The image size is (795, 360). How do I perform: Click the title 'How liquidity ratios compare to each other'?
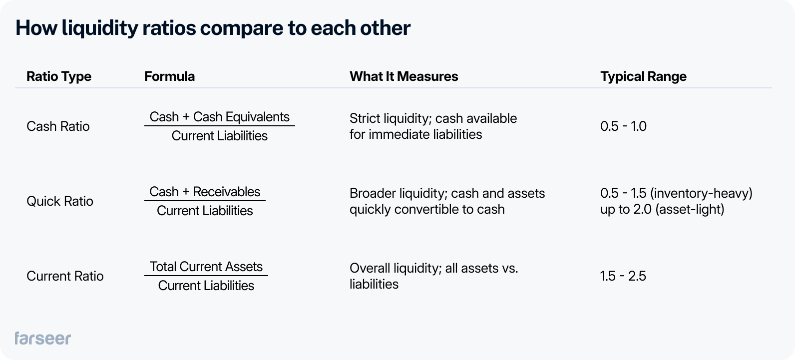(x=213, y=28)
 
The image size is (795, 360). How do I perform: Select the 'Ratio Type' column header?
(x=59, y=76)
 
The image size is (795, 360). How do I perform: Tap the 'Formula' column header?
(x=169, y=76)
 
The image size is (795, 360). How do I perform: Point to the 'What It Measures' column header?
(x=403, y=76)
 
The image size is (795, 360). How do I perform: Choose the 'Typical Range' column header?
(x=643, y=76)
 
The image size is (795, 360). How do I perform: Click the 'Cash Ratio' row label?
(x=58, y=126)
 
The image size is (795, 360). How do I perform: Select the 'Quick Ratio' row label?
(x=60, y=201)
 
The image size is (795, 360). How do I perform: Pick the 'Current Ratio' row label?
(x=65, y=276)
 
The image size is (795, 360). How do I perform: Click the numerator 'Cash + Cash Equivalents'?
(x=220, y=117)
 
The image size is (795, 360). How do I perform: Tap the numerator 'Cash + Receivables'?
(x=205, y=192)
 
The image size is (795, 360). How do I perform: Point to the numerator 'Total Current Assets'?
(x=206, y=267)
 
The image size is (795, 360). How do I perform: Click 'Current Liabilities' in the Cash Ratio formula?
(x=220, y=136)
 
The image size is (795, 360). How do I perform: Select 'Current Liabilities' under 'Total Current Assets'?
(x=206, y=286)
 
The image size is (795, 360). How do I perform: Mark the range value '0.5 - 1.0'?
(x=623, y=126)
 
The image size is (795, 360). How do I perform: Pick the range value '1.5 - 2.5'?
(x=623, y=276)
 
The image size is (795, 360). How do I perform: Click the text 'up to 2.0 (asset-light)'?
(x=662, y=209)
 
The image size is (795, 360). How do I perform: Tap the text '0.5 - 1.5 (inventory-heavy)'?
(x=676, y=193)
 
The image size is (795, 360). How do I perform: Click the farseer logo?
(x=43, y=338)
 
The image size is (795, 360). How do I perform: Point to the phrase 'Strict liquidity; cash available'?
(x=433, y=118)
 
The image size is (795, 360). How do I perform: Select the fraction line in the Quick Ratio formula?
(x=205, y=201)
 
